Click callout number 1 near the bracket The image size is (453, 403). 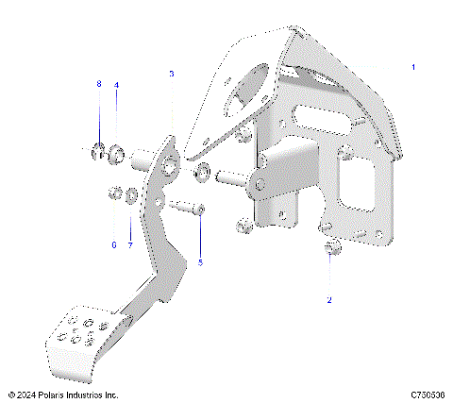[x=412, y=68]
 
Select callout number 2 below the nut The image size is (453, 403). [x=328, y=299]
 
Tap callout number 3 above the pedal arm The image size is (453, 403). [x=171, y=73]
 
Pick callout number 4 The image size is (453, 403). [x=116, y=85]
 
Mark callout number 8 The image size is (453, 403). [x=98, y=85]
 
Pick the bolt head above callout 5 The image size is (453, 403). [x=200, y=209]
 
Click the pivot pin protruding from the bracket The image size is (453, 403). [x=230, y=176]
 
